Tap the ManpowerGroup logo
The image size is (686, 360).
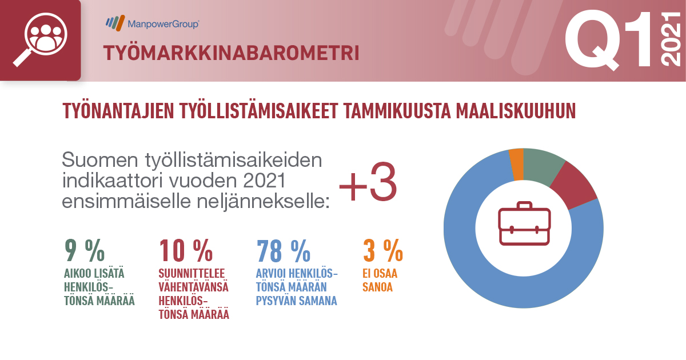(153, 23)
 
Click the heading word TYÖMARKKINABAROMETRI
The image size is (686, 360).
(231, 53)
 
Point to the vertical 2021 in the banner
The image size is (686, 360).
(671, 39)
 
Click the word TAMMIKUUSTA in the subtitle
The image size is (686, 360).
(397, 111)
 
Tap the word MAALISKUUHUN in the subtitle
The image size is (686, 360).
(516, 111)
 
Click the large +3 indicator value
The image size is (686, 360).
(368, 182)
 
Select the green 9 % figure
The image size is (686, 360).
(85, 250)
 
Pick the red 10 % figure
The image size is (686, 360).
(186, 250)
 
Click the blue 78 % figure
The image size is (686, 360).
(284, 250)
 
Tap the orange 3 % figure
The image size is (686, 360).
(383, 250)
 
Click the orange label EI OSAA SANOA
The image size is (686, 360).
(380, 280)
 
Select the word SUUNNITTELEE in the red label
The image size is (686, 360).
(192, 273)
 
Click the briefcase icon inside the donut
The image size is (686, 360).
(524, 223)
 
